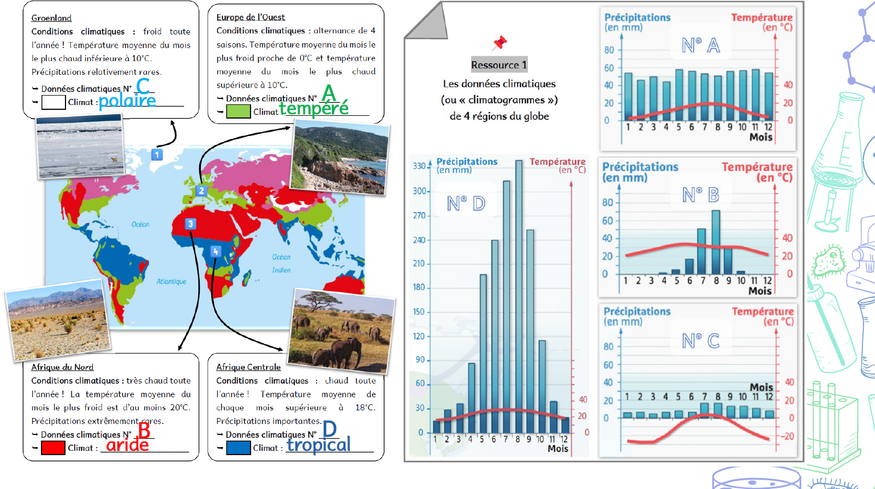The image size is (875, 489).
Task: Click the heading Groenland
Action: tap(51, 18)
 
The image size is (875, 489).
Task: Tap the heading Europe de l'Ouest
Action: tap(251, 17)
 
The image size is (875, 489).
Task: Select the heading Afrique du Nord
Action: tap(62, 367)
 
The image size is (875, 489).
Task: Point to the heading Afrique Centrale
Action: tap(248, 367)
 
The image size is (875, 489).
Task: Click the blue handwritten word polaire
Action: tap(127, 100)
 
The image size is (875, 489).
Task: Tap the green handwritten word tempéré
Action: tap(314, 108)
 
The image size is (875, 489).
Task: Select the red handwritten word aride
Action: tap(127, 445)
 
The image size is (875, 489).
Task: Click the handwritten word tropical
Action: tap(319, 445)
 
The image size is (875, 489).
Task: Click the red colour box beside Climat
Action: tap(53, 448)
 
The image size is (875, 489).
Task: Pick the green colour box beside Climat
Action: tap(238, 111)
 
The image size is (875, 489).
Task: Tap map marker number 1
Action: tap(157, 155)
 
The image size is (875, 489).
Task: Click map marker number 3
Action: tap(190, 223)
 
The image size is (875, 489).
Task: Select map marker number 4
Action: tap(216, 251)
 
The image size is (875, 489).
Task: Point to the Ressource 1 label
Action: tap(499, 65)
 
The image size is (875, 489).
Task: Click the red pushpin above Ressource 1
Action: tap(499, 43)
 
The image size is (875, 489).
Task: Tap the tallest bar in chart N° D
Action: tap(519, 295)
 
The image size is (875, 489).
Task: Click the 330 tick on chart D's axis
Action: tap(419, 166)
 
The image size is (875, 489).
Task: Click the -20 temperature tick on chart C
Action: tap(787, 436)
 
